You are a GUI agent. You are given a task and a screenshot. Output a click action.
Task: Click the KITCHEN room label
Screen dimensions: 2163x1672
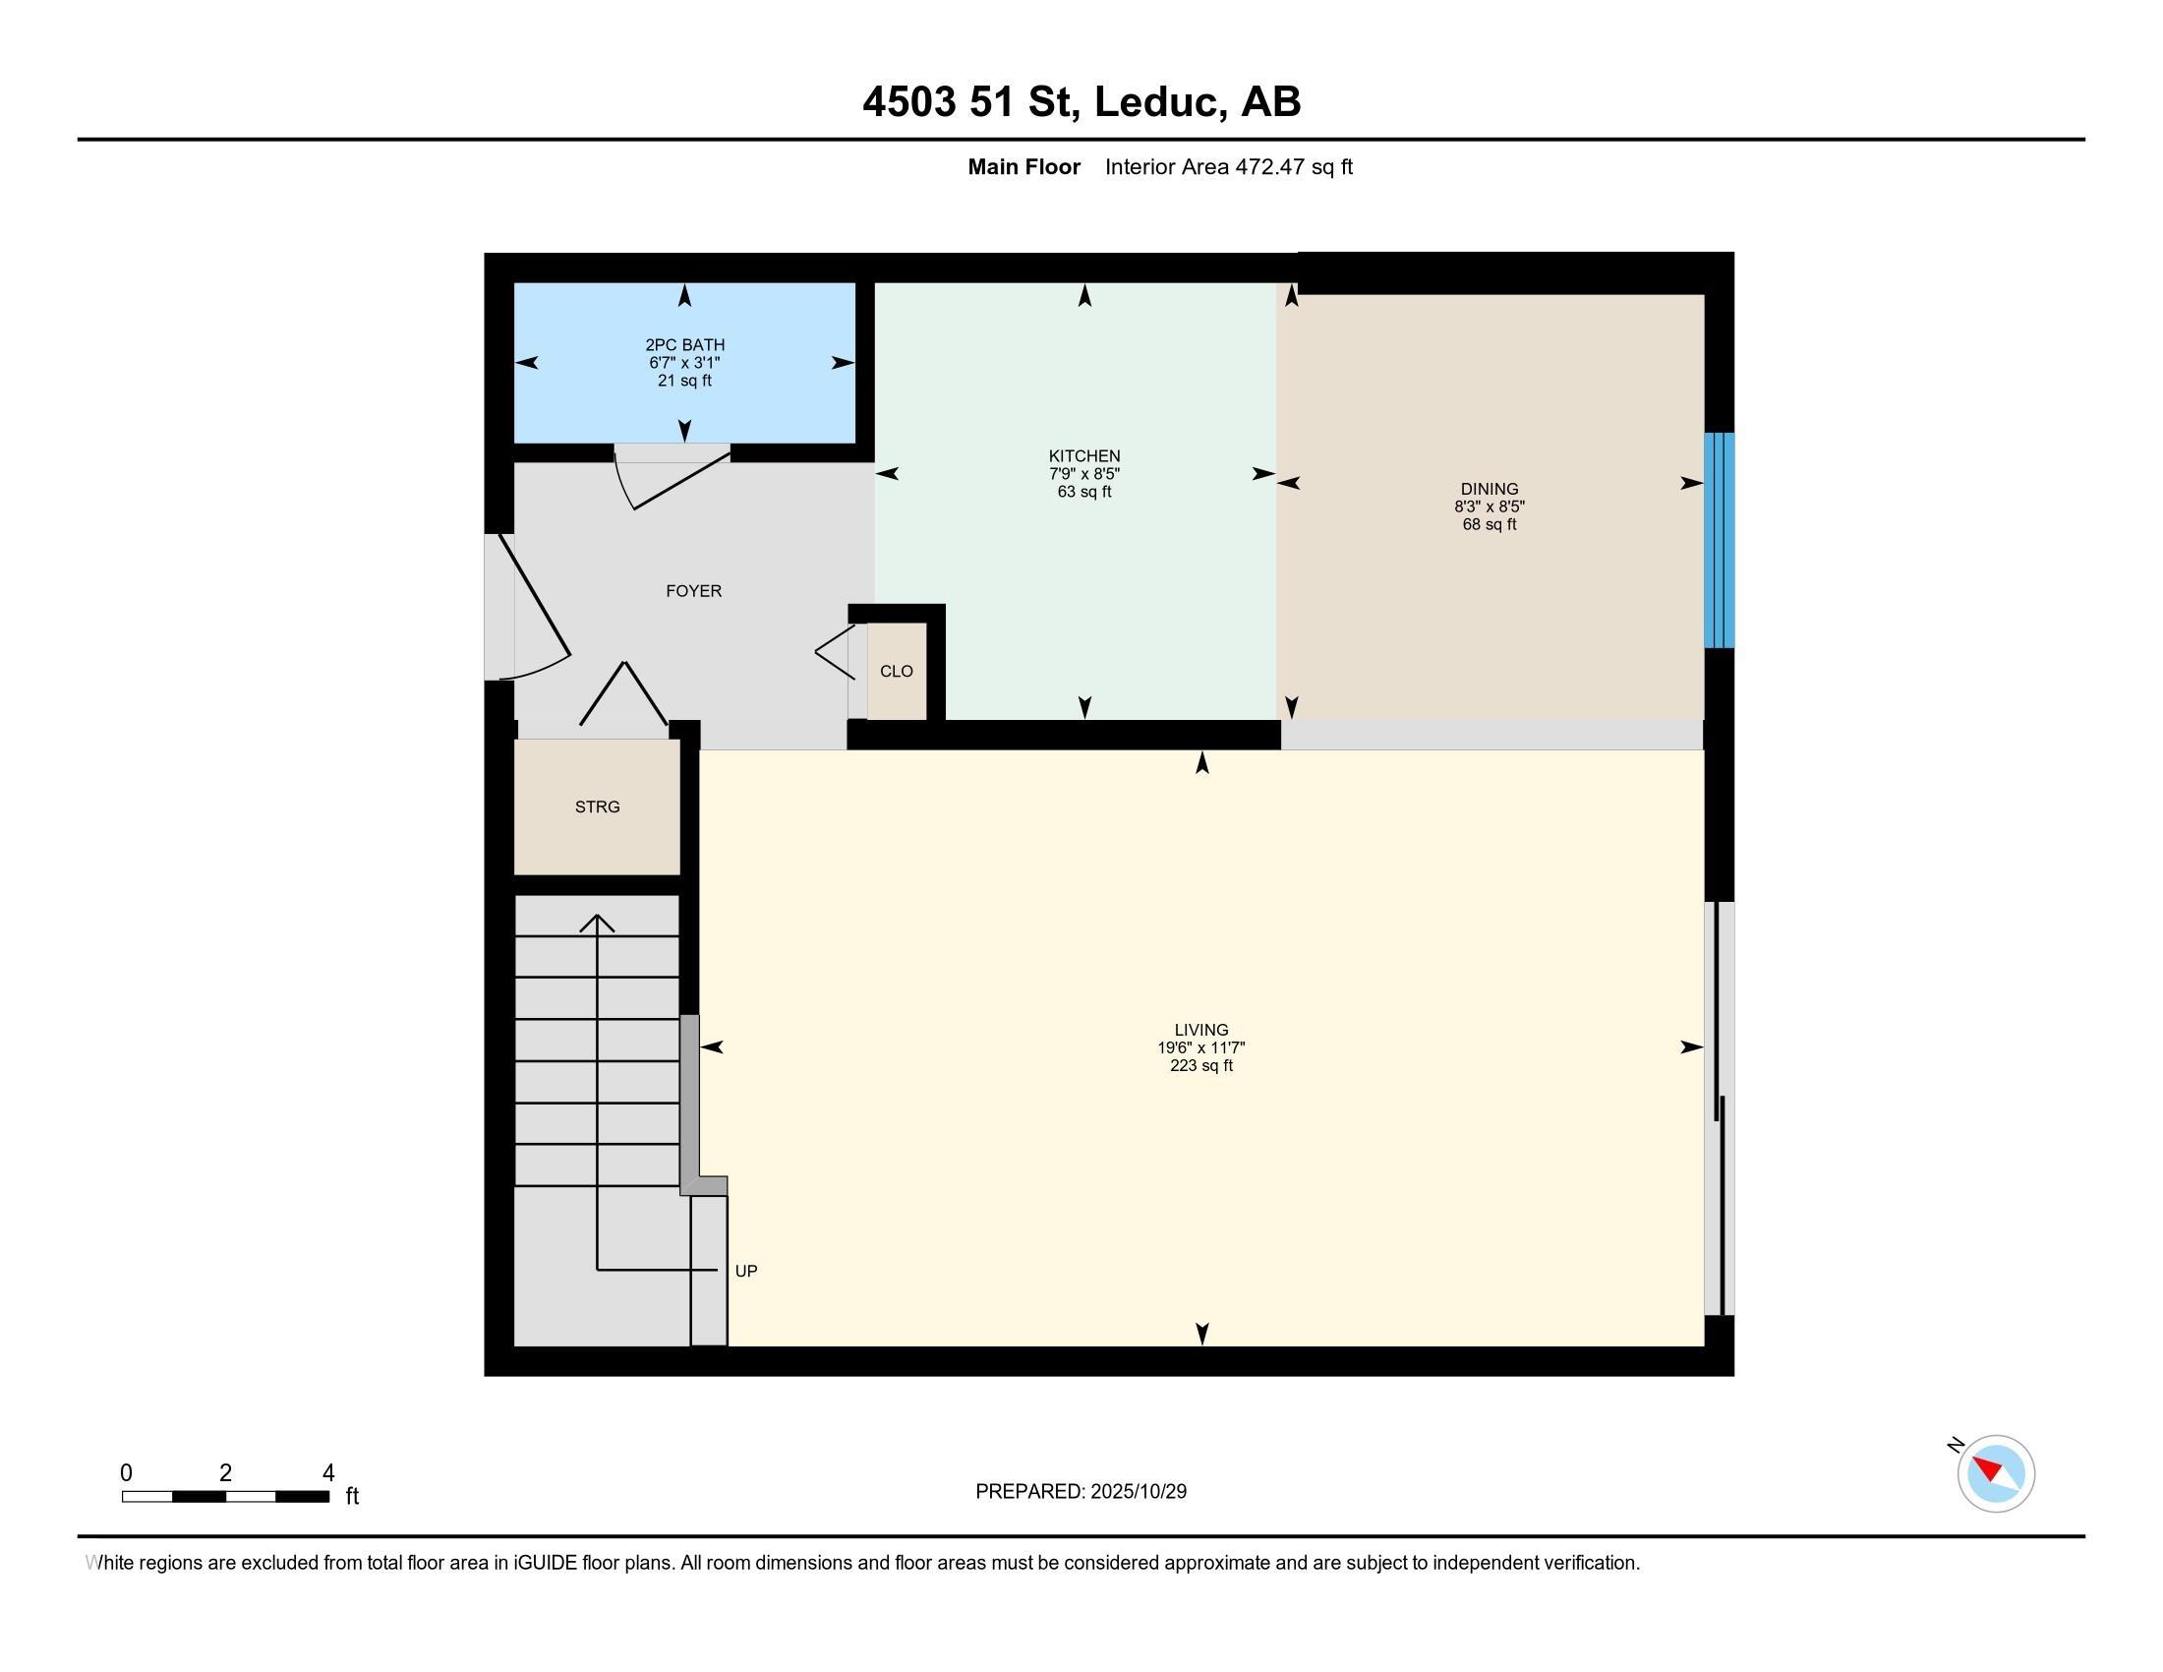click(x=1084, y=456)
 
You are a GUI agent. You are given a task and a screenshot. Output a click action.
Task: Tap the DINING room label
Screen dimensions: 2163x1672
click(x=1489, y=490)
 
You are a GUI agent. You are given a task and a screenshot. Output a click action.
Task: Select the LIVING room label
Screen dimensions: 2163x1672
click(x=1201, y=1030)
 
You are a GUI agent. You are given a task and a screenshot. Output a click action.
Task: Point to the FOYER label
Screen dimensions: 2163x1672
click(x=693, y=591)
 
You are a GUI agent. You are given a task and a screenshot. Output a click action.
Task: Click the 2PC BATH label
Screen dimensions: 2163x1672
click(x=684, y=345)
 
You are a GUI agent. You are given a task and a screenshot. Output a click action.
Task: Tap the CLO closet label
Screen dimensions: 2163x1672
click(x=897, y=672)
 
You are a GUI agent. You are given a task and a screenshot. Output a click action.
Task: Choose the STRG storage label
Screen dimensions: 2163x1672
click(x=597, y=807)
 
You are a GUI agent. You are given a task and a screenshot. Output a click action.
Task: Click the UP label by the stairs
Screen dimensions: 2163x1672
click(x=746, y=1271)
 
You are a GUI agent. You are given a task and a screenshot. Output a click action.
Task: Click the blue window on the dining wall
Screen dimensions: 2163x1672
click(x=1720, y=540)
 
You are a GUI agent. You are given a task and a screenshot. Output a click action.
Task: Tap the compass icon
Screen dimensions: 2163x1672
click(x=1996, y=1473)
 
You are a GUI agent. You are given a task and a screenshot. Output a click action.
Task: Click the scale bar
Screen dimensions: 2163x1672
click(x=226, y=1497)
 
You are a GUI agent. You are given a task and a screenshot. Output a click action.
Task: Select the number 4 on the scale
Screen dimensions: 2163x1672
click(x=327, y=1473)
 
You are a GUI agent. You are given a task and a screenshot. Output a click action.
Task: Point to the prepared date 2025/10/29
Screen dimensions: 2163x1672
click(x=1137, y=1492)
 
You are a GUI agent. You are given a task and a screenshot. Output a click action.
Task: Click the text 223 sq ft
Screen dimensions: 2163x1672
click(x=1201, y=1066)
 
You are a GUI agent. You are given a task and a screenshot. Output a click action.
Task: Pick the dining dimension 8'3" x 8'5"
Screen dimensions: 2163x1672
click(x=1489, y=508)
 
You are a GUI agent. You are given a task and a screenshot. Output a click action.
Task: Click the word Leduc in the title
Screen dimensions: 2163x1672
click(x=1156, y=102)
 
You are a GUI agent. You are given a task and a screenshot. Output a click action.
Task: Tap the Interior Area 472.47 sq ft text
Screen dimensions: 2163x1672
click(x=1228, y=167)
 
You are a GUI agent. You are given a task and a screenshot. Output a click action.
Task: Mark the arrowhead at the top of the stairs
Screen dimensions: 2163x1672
click(x=596, y=923)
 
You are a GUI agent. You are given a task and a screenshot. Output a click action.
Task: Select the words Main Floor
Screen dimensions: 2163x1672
click(x=1024, y=167)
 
